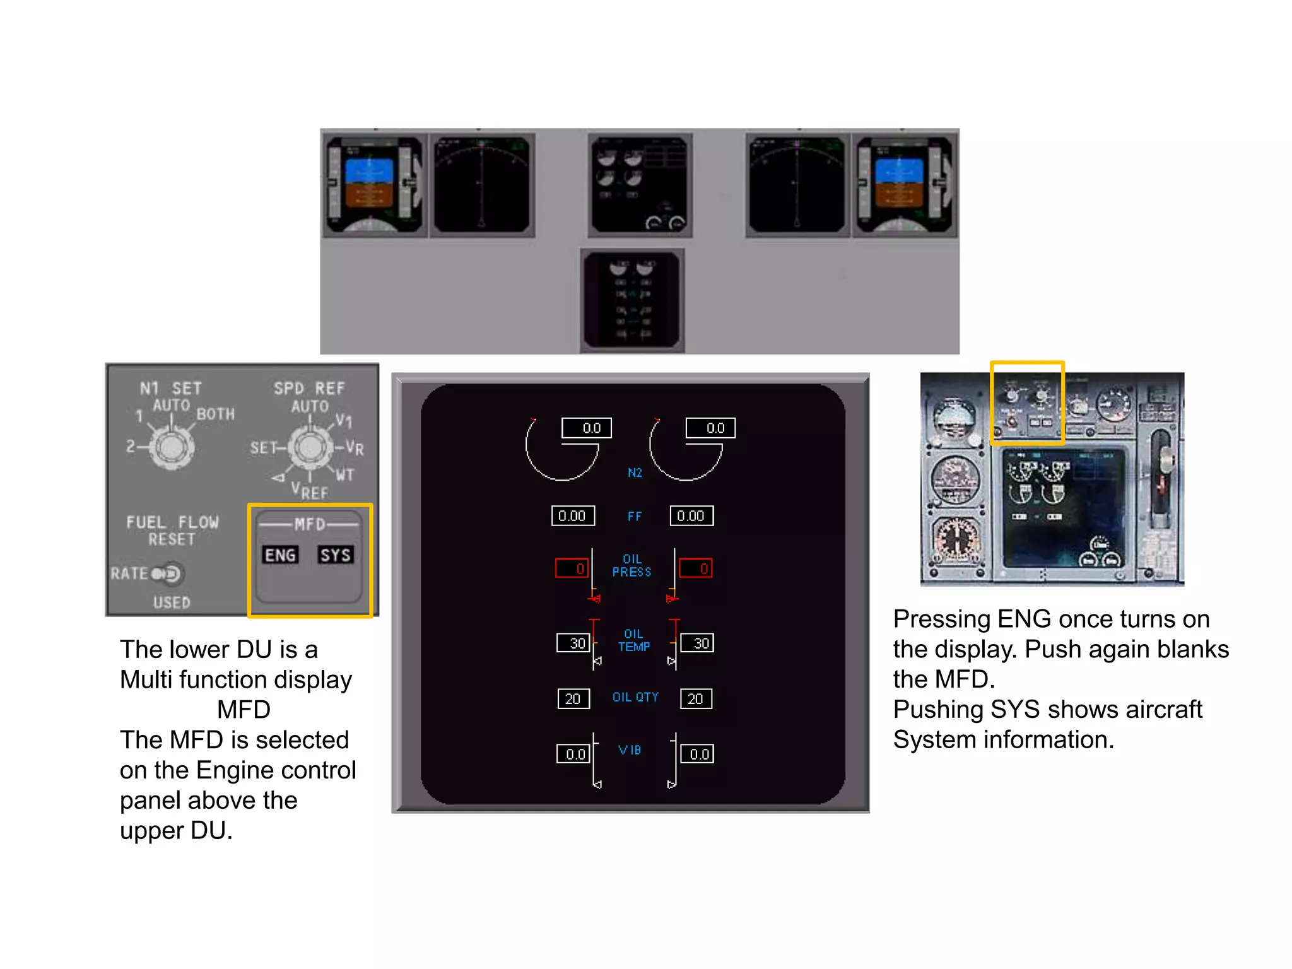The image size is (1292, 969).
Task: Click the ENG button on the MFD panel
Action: [280, 555]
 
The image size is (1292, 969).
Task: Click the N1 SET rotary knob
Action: [171, 447]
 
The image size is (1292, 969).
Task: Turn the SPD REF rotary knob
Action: [310, 447]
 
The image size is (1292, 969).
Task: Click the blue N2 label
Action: [635, 473]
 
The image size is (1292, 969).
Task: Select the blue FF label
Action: [635, 517]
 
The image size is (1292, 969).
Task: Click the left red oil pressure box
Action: [572, 568]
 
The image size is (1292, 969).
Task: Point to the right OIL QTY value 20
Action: [696, 698]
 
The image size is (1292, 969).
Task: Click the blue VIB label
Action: [630, 750]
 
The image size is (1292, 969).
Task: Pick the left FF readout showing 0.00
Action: [573, 515]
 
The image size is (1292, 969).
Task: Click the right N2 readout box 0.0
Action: [710, 428]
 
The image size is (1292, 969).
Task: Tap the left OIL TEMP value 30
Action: [573, 643]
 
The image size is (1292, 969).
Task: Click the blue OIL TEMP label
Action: [633, 640]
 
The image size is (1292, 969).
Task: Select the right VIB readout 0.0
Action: [697, 754]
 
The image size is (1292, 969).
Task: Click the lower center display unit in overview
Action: [632, 299]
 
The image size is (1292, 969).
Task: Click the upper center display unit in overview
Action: [640, 184]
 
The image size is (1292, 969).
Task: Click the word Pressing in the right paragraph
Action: [941, 619]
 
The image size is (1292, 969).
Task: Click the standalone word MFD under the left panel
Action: [244, 710]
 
